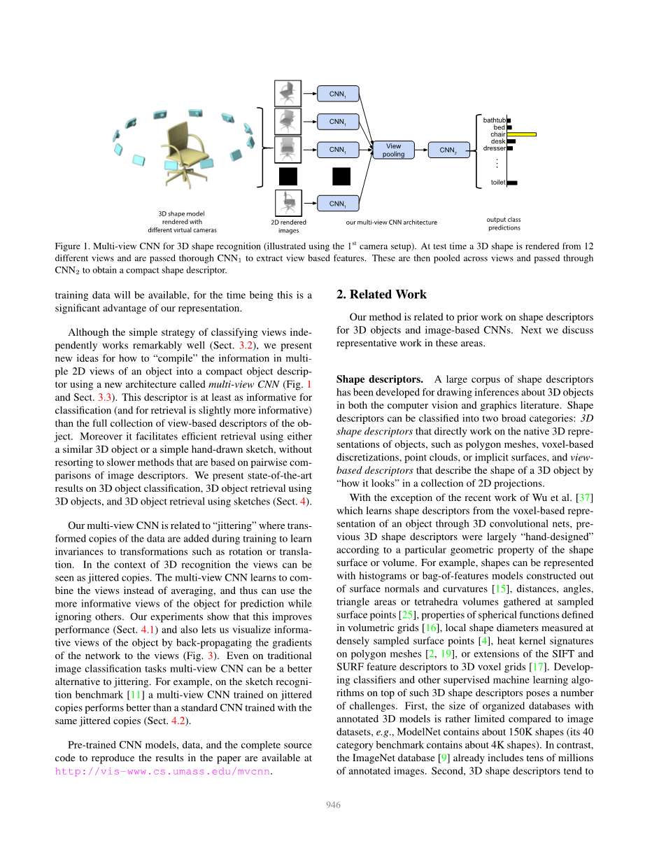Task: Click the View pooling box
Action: [x=394, y=150]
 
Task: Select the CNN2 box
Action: [x=448, y=150]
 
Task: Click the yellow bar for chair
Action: [x=522, y=134]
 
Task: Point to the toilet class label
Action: [x=497, y=183]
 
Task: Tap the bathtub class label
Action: [x=494, y=120]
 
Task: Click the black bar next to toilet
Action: [x=512, y=183]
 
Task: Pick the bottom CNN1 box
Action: [x=338, y=204]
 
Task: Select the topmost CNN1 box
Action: [x=338, y=94]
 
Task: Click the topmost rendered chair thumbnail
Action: [x=288, y=93]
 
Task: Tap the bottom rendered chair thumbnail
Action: [x=288, y=203]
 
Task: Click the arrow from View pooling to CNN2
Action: [x=421, y=150]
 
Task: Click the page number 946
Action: [x=333, y=805]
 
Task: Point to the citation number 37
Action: [x=586, y=497]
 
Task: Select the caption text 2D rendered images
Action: [x=288, y=226]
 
